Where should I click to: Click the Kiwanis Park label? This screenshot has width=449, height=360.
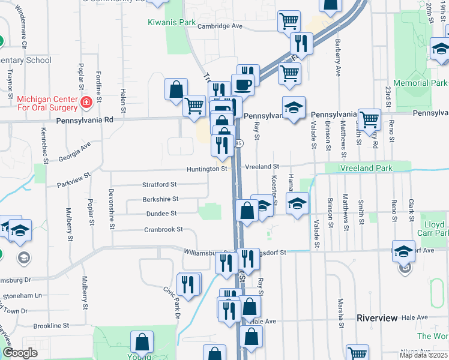(172, 23)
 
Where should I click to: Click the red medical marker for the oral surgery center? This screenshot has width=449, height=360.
(86, 103)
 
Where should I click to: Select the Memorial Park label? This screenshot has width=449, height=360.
(420, 83)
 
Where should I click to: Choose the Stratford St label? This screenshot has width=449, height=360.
(159, 184)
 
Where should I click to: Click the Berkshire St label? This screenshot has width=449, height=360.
(160, 199)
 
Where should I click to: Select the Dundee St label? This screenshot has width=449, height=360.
(161, 213)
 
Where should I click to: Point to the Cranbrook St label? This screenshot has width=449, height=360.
(163, 229)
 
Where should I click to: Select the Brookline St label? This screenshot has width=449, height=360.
(52, 326)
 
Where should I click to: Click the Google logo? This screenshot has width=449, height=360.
(20, 353)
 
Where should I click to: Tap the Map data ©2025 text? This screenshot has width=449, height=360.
(423, 355)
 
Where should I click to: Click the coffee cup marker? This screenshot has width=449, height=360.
(243, 85)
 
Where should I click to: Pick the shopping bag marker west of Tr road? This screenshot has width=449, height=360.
(176, 89)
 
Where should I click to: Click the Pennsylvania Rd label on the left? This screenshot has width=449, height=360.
(85, 120)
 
